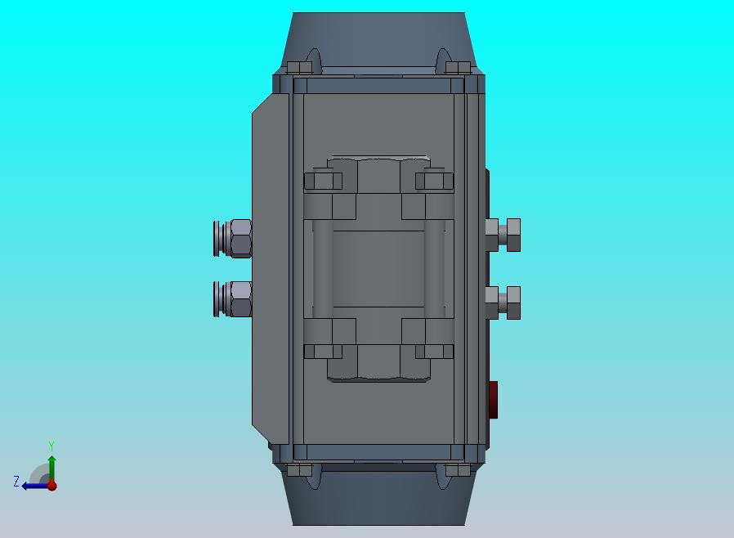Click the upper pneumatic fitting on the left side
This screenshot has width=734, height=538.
tap(233, 238)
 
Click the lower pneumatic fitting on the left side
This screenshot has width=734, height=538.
tap(233, 299)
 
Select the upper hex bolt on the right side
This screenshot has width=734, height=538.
tap(503, 235)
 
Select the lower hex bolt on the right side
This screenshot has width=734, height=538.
tap(503, 303)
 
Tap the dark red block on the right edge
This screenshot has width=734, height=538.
tap(494, 399)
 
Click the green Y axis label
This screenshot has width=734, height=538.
tap(51, 446)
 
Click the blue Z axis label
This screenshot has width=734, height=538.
tap(16, 481)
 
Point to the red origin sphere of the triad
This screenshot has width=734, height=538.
tap(52, 486)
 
